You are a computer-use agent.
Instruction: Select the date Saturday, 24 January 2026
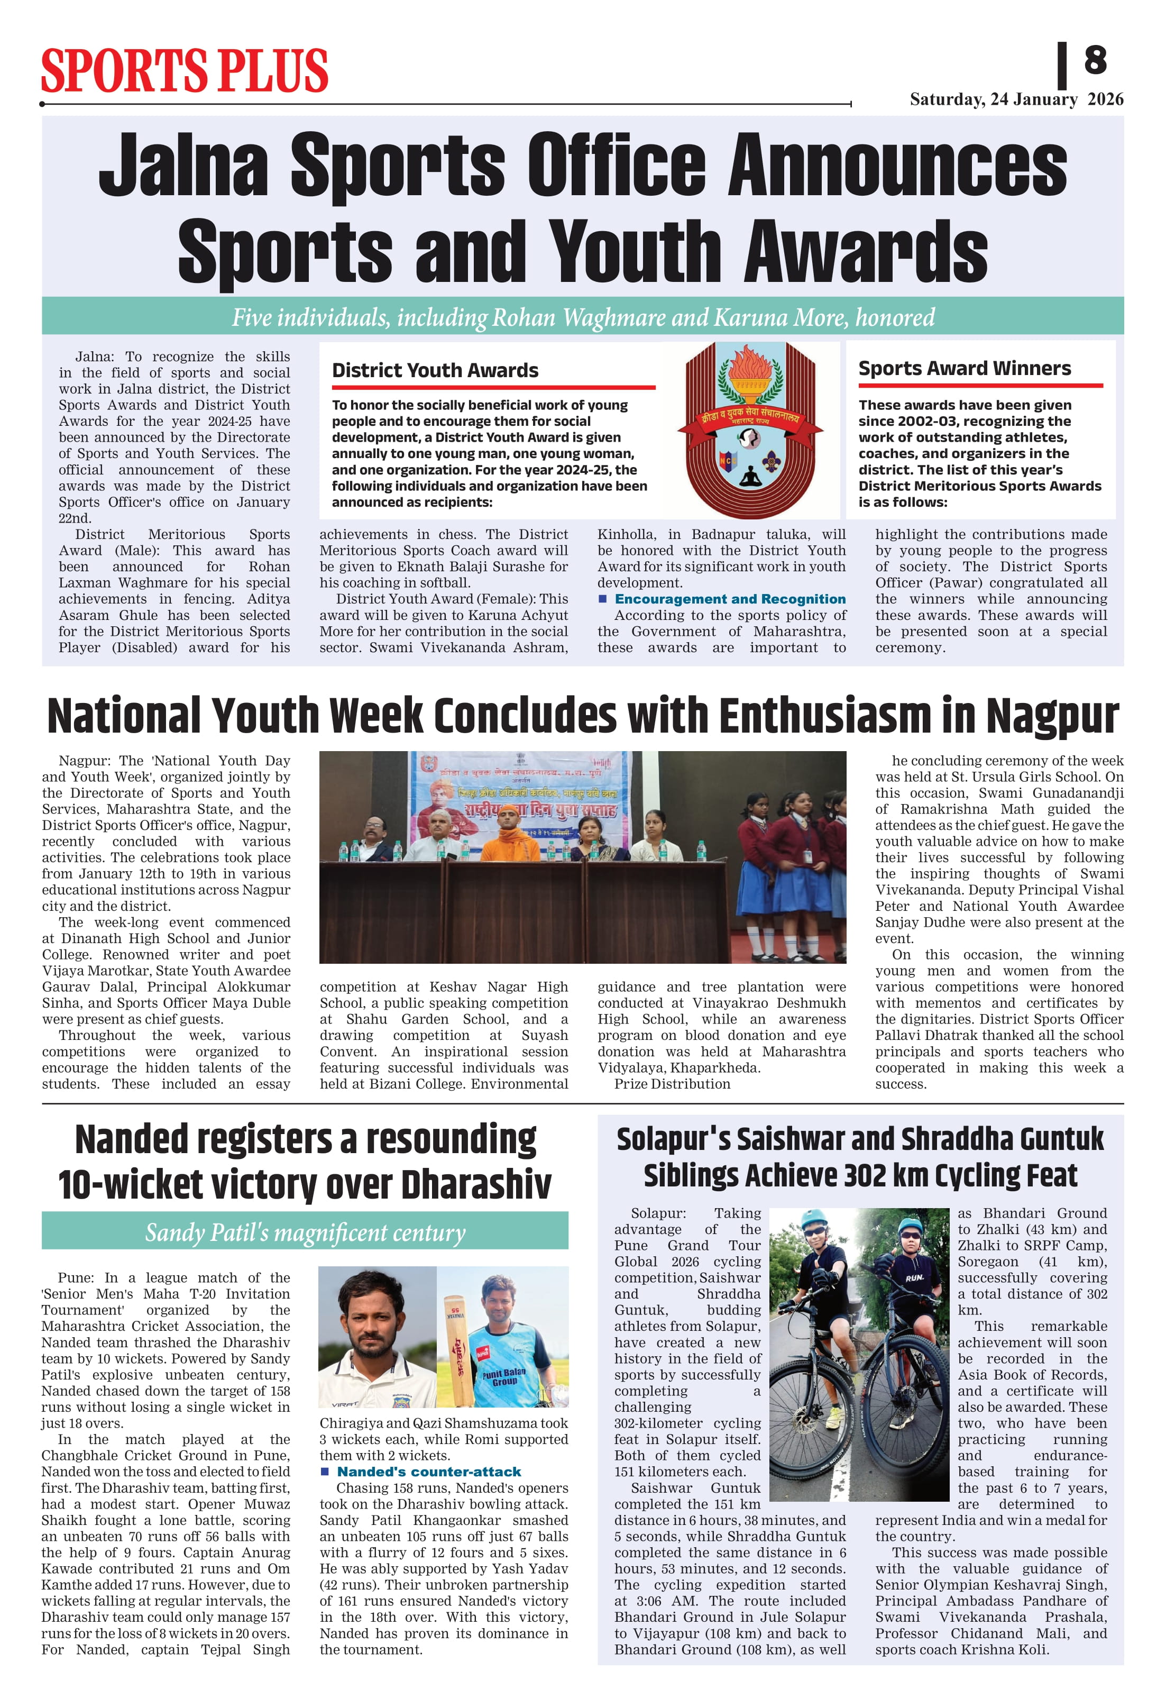tap(1016, 99)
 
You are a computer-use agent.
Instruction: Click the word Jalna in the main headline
tap(183, 166)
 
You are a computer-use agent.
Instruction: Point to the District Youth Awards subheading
tap(435, 370)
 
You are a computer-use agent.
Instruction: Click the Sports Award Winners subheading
tap(964, 368)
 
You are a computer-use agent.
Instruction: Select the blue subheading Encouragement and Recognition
tap(730, 599)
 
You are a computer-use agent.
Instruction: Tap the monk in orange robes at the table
tap(507, 836)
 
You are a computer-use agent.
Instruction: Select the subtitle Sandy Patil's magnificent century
tap(305, 1232)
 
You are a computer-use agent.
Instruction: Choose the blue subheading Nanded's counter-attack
tap(428, 1472)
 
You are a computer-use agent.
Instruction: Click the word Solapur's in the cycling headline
tap(674, 1140)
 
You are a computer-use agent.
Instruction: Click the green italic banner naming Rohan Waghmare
tap(583, 317)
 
